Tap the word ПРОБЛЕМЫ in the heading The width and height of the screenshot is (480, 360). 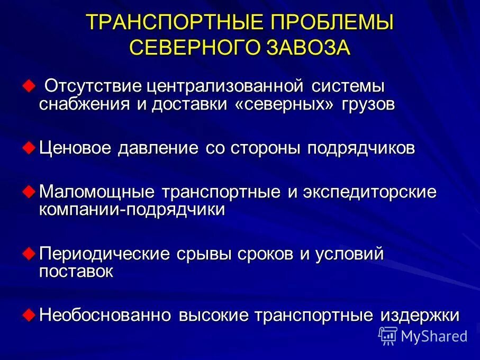click(x=332, y=23)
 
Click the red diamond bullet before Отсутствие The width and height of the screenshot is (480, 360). click(x=29, y=85)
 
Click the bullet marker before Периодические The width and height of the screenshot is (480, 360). click(x=29, y=253)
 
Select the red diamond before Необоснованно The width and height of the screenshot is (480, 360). click(x=29, y=314)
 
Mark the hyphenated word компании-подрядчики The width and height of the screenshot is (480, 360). click(x=132, y=210)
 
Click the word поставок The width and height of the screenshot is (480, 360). click(x=76, y=272)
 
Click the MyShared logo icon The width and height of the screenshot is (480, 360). click(x=388, y=335)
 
